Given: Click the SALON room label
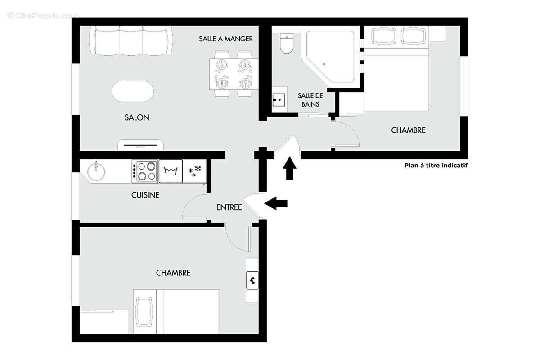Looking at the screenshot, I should [137, 117].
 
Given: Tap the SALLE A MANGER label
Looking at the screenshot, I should [226, 39].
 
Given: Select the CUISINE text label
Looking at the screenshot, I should [145, 195].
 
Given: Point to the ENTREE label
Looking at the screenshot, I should [229, 207].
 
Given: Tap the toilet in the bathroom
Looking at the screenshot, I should [286, 44].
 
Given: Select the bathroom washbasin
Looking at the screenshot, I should [279, 99].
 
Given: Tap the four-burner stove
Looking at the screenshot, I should [145, 171].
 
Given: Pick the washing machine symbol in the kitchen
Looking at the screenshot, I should [171, 171].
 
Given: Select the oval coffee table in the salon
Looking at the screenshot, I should [132, 91].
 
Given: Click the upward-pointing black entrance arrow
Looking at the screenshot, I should [289, 168].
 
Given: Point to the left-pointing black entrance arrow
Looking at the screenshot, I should [276, 203].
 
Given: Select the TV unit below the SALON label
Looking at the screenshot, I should [140, 145].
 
